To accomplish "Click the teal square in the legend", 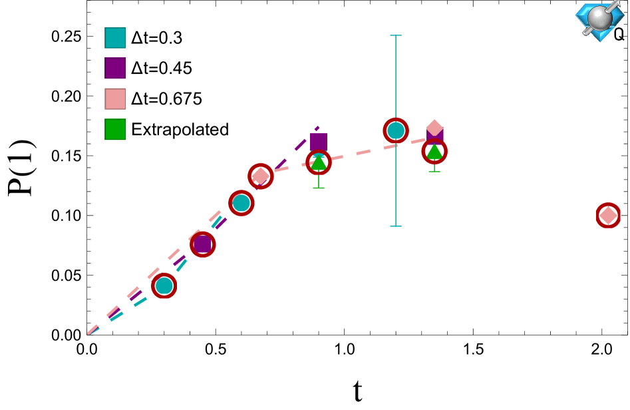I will (114, 38).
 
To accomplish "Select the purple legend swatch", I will (114, 68).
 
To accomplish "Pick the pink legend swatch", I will (114, 99).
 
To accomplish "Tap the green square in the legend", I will (114, 129).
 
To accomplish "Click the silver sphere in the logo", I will (599, 18).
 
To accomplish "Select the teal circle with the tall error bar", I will (396, 130).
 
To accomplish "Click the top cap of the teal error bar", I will (396, 35).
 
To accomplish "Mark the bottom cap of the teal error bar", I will (396, 226).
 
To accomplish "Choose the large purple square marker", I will (319, 141).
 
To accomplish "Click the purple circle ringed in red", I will (203, 244).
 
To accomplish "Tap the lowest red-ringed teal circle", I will (164, 286).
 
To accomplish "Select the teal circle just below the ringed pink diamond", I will (241, 203).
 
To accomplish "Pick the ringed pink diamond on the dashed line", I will (261, 176).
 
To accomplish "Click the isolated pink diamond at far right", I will (608, 216).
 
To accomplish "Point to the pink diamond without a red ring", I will (434, 127).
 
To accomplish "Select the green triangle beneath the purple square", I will (319, 162).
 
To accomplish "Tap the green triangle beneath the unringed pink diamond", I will (434, 152).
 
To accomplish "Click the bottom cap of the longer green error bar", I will (319, 188).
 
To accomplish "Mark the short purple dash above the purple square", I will (317, 128).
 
